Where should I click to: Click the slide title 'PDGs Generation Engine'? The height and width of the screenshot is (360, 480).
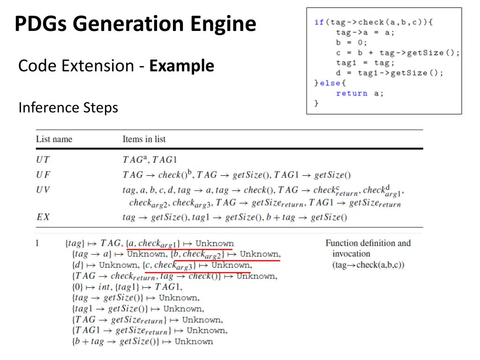point(135,24)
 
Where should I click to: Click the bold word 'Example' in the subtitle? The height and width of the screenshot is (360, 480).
point(181,66)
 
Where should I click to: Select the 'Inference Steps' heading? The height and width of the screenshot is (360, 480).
point(68,108)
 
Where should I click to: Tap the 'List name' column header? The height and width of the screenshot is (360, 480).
point(54,139)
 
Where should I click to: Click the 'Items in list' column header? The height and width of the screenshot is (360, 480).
point(144,139)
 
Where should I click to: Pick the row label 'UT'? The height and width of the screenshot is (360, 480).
point(43,159)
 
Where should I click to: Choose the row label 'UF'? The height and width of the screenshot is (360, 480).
point(43,175)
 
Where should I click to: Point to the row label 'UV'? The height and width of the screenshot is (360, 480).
point(43,190)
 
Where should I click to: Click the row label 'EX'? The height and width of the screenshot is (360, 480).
point(43,217)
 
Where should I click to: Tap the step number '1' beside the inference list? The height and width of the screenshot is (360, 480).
point(37,243)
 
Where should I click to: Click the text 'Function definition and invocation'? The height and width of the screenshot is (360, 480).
point(367,248)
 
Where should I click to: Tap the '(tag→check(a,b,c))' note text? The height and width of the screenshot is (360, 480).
point(368,265)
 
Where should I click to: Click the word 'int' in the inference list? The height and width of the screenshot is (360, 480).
point(105,287)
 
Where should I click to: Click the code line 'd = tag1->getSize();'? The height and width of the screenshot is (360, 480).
point(389,73)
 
